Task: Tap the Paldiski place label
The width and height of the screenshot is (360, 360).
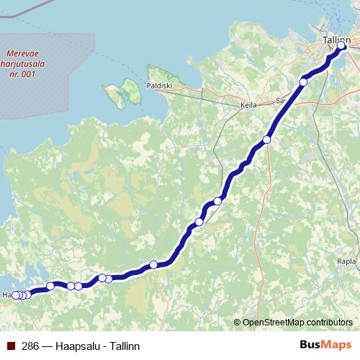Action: tap(161, 89)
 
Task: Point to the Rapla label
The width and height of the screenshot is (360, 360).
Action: tap(346, 261)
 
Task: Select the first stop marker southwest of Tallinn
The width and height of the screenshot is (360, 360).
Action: tap(303, 83)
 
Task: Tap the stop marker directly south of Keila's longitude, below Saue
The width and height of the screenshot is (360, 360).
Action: tap(266, 140)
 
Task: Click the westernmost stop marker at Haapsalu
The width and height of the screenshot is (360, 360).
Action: tap(16, 295)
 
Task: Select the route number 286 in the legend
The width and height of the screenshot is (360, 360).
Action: tap(30, 346)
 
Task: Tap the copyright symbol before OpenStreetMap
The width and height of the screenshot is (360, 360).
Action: tap(237, 322)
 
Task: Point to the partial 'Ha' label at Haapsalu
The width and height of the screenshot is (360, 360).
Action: tap(6, 295)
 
